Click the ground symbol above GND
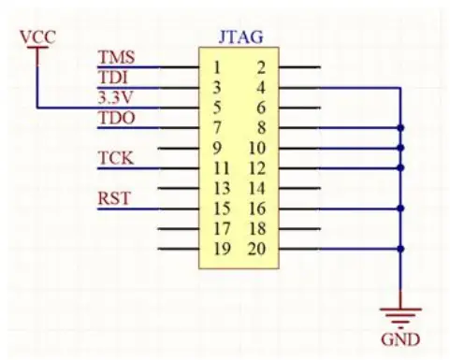tap(401, 314)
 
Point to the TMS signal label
tap(116, 58)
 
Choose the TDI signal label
tap(114, 78)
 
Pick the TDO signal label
tap(116, 118)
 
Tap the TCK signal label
tap(116, 158)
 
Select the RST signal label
tap(114, 198)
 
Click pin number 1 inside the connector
tap(216, 67)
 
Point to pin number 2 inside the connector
tap(260, 67)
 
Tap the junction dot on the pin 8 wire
tap(401, 128)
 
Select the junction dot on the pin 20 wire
tap(401, 249)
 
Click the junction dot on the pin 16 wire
tap(401, 209)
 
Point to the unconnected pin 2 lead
tap(299, 67)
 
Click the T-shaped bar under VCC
tap(36, 50)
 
